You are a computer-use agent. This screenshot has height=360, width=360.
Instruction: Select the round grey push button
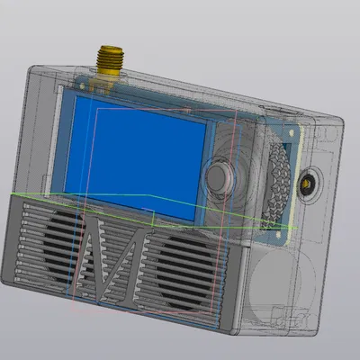(219, 178)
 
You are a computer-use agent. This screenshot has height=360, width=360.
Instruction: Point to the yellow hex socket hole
(306, 184)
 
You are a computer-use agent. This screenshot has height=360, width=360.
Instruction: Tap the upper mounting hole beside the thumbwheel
(291, 131)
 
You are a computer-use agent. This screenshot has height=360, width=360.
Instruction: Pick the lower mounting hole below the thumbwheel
(278, 234)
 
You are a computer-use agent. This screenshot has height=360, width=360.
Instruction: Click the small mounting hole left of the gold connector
(82, 86)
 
